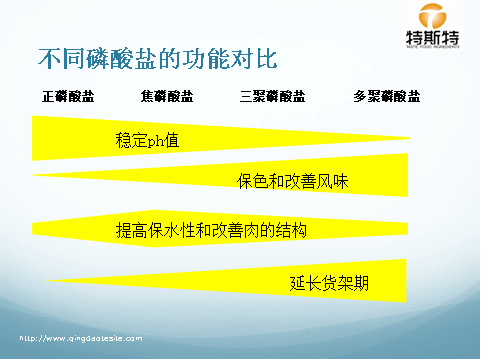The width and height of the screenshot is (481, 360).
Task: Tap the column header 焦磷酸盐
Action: pyautogui.click(x=167, y=97)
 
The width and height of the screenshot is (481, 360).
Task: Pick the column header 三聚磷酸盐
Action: pyautogui.click(x=273, y=97)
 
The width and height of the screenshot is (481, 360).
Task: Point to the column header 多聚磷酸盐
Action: pyautogui.click(x=386, y=97)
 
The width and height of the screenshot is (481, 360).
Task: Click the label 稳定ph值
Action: pyautogui.click(x=148, y=140)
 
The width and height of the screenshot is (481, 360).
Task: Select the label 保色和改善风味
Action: pyautogui.click(x=291, y=183)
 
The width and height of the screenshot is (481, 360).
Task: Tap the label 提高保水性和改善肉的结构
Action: pyautogui.click(x=211, y=230)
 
